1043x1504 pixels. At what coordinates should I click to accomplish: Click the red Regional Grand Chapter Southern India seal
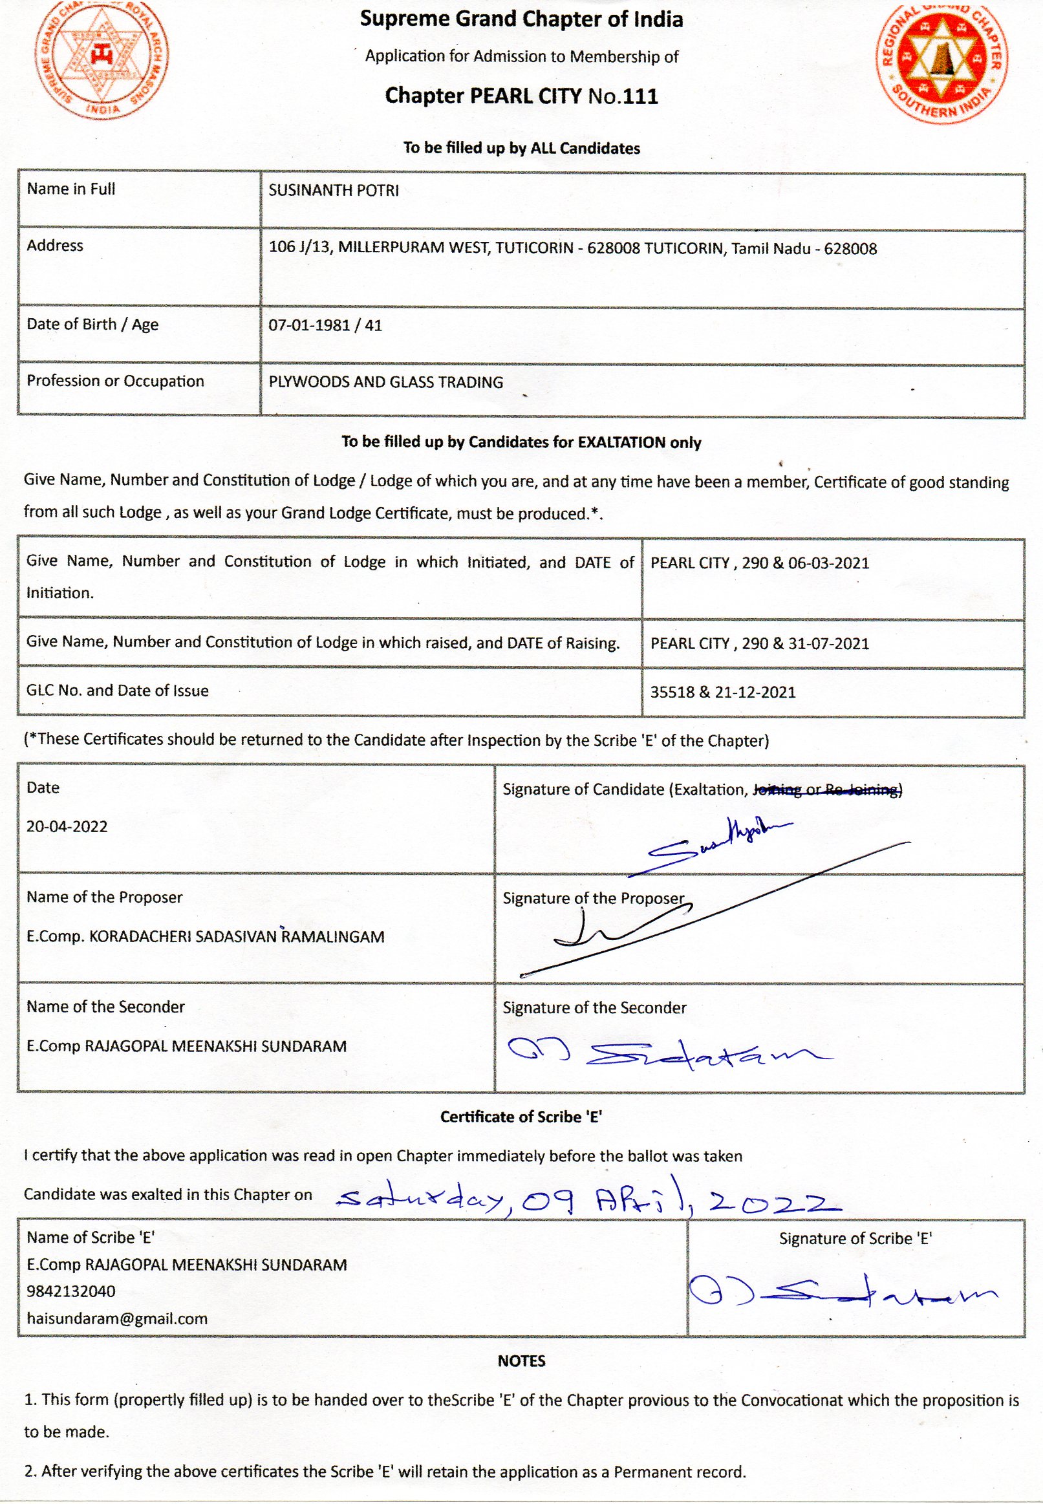click(x=941, y=62)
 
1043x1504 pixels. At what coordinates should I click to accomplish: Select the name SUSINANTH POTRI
click(x=333, y=191)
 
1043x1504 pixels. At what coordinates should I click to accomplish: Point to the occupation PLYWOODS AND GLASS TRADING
click(x=385, y=382)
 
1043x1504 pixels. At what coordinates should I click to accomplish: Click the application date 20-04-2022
click(x=67, y=826)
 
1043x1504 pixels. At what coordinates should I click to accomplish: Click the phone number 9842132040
click(x=70, y=1292)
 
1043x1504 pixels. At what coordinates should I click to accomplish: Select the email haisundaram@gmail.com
click(x=117, y=1318)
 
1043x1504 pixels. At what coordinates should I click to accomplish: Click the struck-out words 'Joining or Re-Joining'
click(x=826, y=790)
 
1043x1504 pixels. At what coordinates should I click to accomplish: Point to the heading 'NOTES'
click(x=521, y=1361)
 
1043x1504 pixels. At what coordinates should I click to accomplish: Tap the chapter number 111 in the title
click(x=640, y=97)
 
